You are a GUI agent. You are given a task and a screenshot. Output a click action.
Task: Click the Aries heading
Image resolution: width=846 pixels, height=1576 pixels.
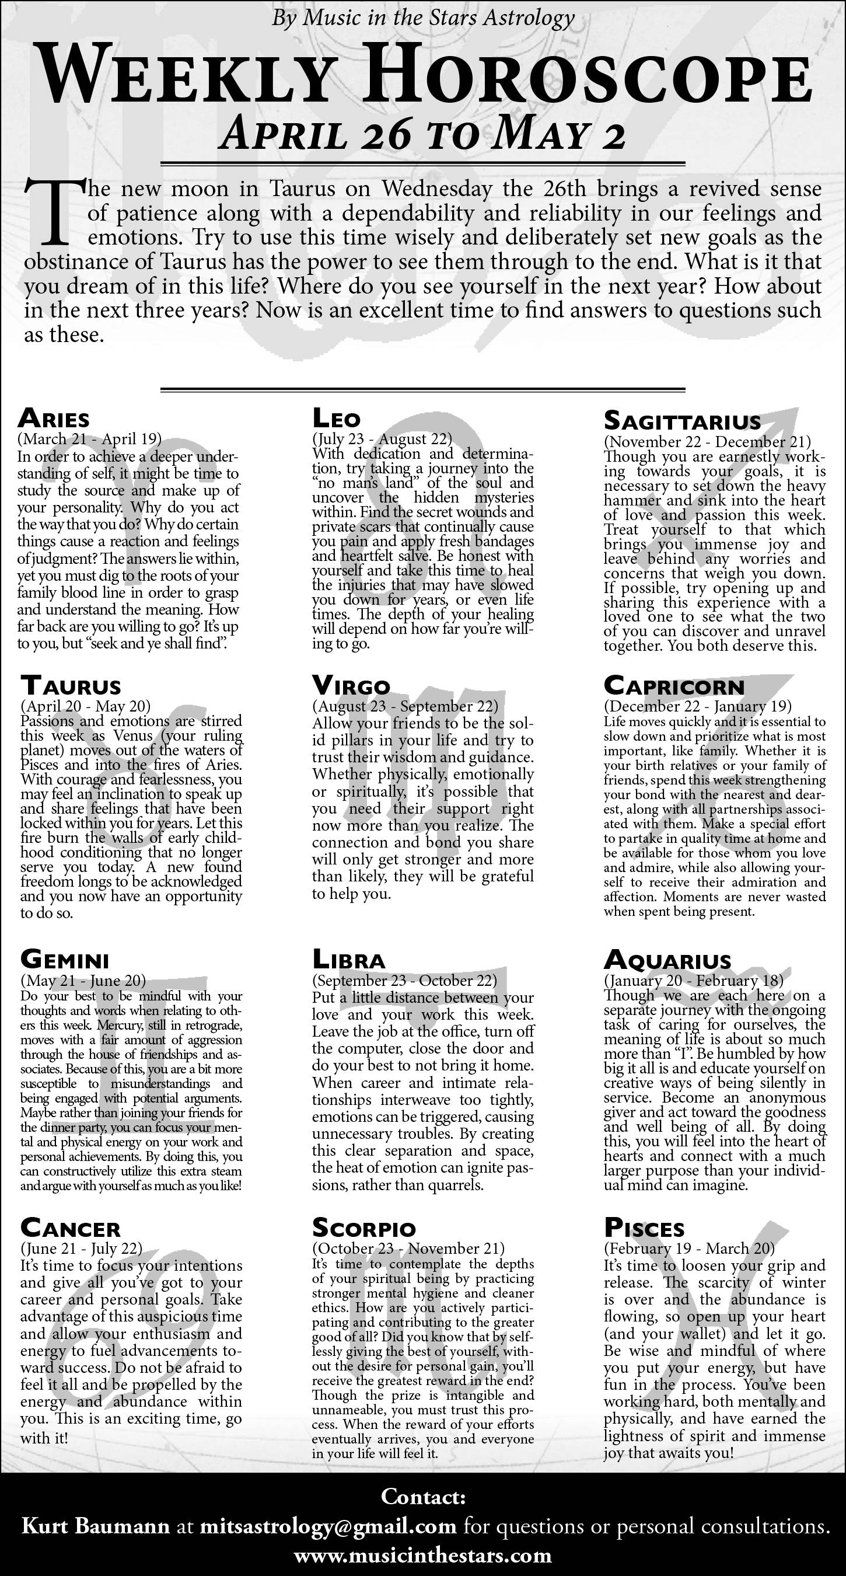point(54,419)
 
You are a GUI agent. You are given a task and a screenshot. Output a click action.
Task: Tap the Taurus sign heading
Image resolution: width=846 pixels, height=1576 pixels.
point(71,685)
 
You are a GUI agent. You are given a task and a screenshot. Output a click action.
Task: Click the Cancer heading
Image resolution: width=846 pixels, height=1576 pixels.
point(71,1228)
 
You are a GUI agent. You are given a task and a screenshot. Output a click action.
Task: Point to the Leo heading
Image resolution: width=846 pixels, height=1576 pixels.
point(337,419)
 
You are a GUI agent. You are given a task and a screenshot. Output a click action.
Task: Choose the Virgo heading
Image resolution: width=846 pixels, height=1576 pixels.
point(351,685)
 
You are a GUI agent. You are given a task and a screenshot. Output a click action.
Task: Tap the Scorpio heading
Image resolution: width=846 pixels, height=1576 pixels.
point(364,1228)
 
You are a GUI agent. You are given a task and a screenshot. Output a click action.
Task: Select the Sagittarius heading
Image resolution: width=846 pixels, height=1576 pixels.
point(682,421)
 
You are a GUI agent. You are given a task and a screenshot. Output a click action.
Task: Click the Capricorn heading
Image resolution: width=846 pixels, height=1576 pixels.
point(674,685)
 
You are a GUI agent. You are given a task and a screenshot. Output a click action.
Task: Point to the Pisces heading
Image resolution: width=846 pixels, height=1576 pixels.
point(644,1228)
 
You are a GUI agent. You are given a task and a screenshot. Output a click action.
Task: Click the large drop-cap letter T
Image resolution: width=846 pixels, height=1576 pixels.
point(54,211)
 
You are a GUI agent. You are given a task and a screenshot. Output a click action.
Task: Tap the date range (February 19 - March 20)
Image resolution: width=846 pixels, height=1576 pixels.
point(690,1248)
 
